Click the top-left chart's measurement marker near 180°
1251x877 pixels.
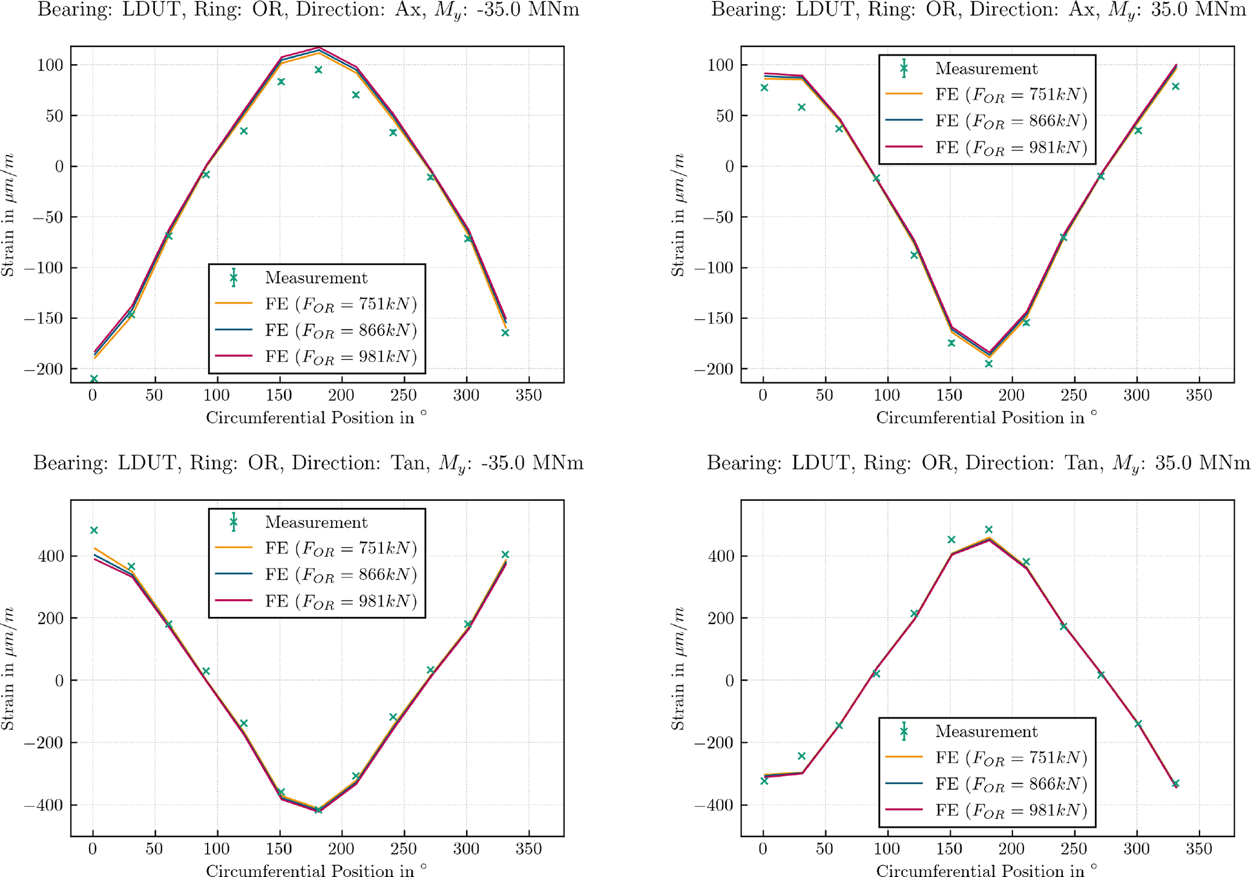318,70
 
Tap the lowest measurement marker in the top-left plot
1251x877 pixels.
94,379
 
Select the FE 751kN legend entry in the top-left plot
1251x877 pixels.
316,304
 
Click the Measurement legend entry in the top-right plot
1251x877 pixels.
986,69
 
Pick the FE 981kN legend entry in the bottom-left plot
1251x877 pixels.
316,601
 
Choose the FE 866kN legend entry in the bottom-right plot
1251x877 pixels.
986,784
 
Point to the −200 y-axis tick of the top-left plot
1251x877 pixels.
45,369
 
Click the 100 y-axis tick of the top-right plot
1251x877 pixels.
720,65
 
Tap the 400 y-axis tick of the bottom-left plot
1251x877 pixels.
51,556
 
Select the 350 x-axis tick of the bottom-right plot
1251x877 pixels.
1199,849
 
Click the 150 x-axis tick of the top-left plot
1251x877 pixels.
279,396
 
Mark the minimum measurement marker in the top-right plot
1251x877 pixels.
989,364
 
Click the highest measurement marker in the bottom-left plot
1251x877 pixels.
94,530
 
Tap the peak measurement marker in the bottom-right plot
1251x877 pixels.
989,530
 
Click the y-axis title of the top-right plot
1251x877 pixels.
678,215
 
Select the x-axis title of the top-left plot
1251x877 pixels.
316,418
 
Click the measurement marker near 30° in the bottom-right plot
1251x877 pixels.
802,756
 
